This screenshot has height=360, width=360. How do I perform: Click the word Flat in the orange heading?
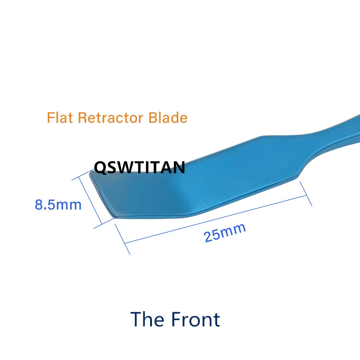coord(60,118)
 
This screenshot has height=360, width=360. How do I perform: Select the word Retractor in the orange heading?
coord(111,118)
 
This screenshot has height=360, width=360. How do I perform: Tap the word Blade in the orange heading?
coord(168,118)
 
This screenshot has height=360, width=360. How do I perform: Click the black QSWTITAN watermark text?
coord(140,167)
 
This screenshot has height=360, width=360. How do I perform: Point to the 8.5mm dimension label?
coord(58,205)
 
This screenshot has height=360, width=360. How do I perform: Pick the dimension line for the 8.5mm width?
coord(90,200)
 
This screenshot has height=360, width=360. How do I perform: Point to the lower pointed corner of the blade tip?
coord(115,217)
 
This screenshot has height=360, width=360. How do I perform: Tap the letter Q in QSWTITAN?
coord(100,168)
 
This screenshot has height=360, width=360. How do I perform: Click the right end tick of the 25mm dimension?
coord(306,194)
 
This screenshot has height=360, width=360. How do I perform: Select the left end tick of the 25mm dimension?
coord(122,239)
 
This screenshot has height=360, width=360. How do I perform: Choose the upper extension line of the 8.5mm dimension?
coord(83,175)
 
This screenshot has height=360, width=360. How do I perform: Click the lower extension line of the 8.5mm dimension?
coord(104,223)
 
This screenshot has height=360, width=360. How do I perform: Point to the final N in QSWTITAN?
coord(179,167)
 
